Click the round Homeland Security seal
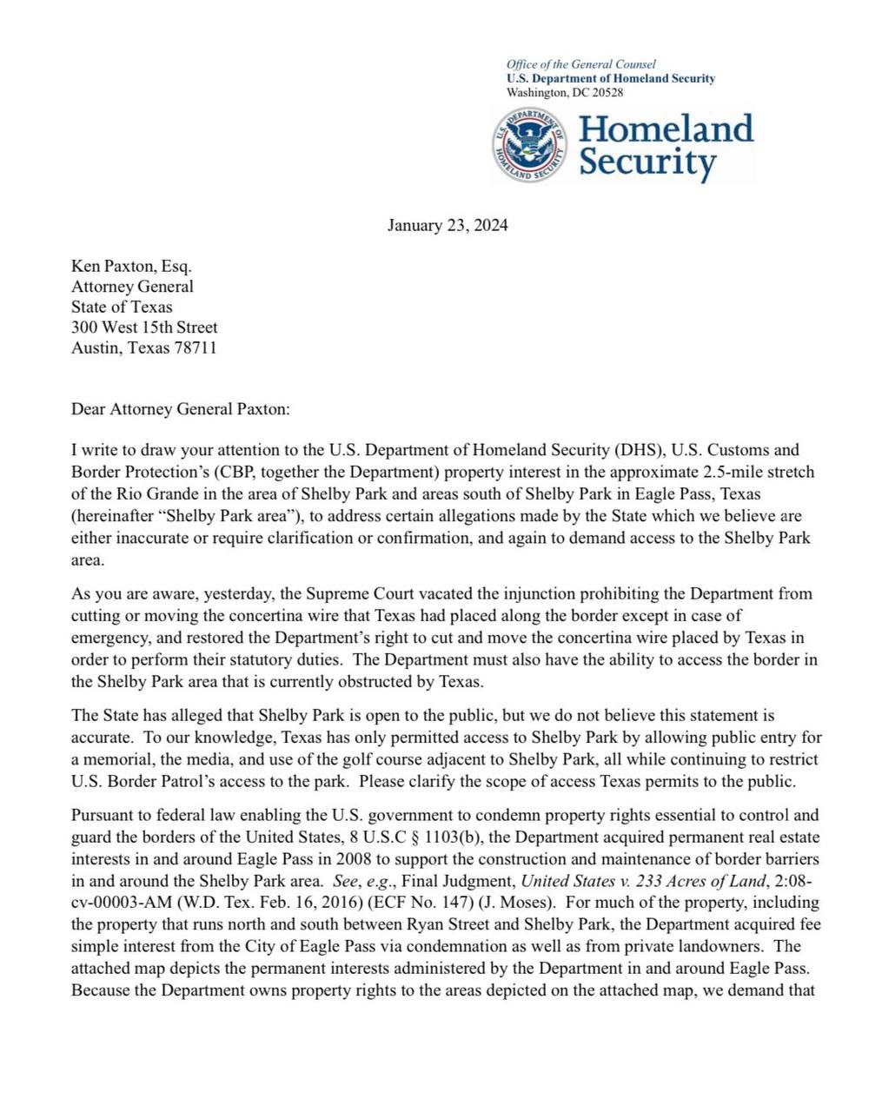coord(528,144)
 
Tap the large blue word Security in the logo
coord(647,162)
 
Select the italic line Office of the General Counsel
coord(580,64)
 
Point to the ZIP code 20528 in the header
coord(607,93)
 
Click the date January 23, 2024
coord(448,226)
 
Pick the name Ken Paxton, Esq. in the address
coord(131,266)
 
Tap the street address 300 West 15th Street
coord(144,328)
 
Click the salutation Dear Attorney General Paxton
coord(180,409)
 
